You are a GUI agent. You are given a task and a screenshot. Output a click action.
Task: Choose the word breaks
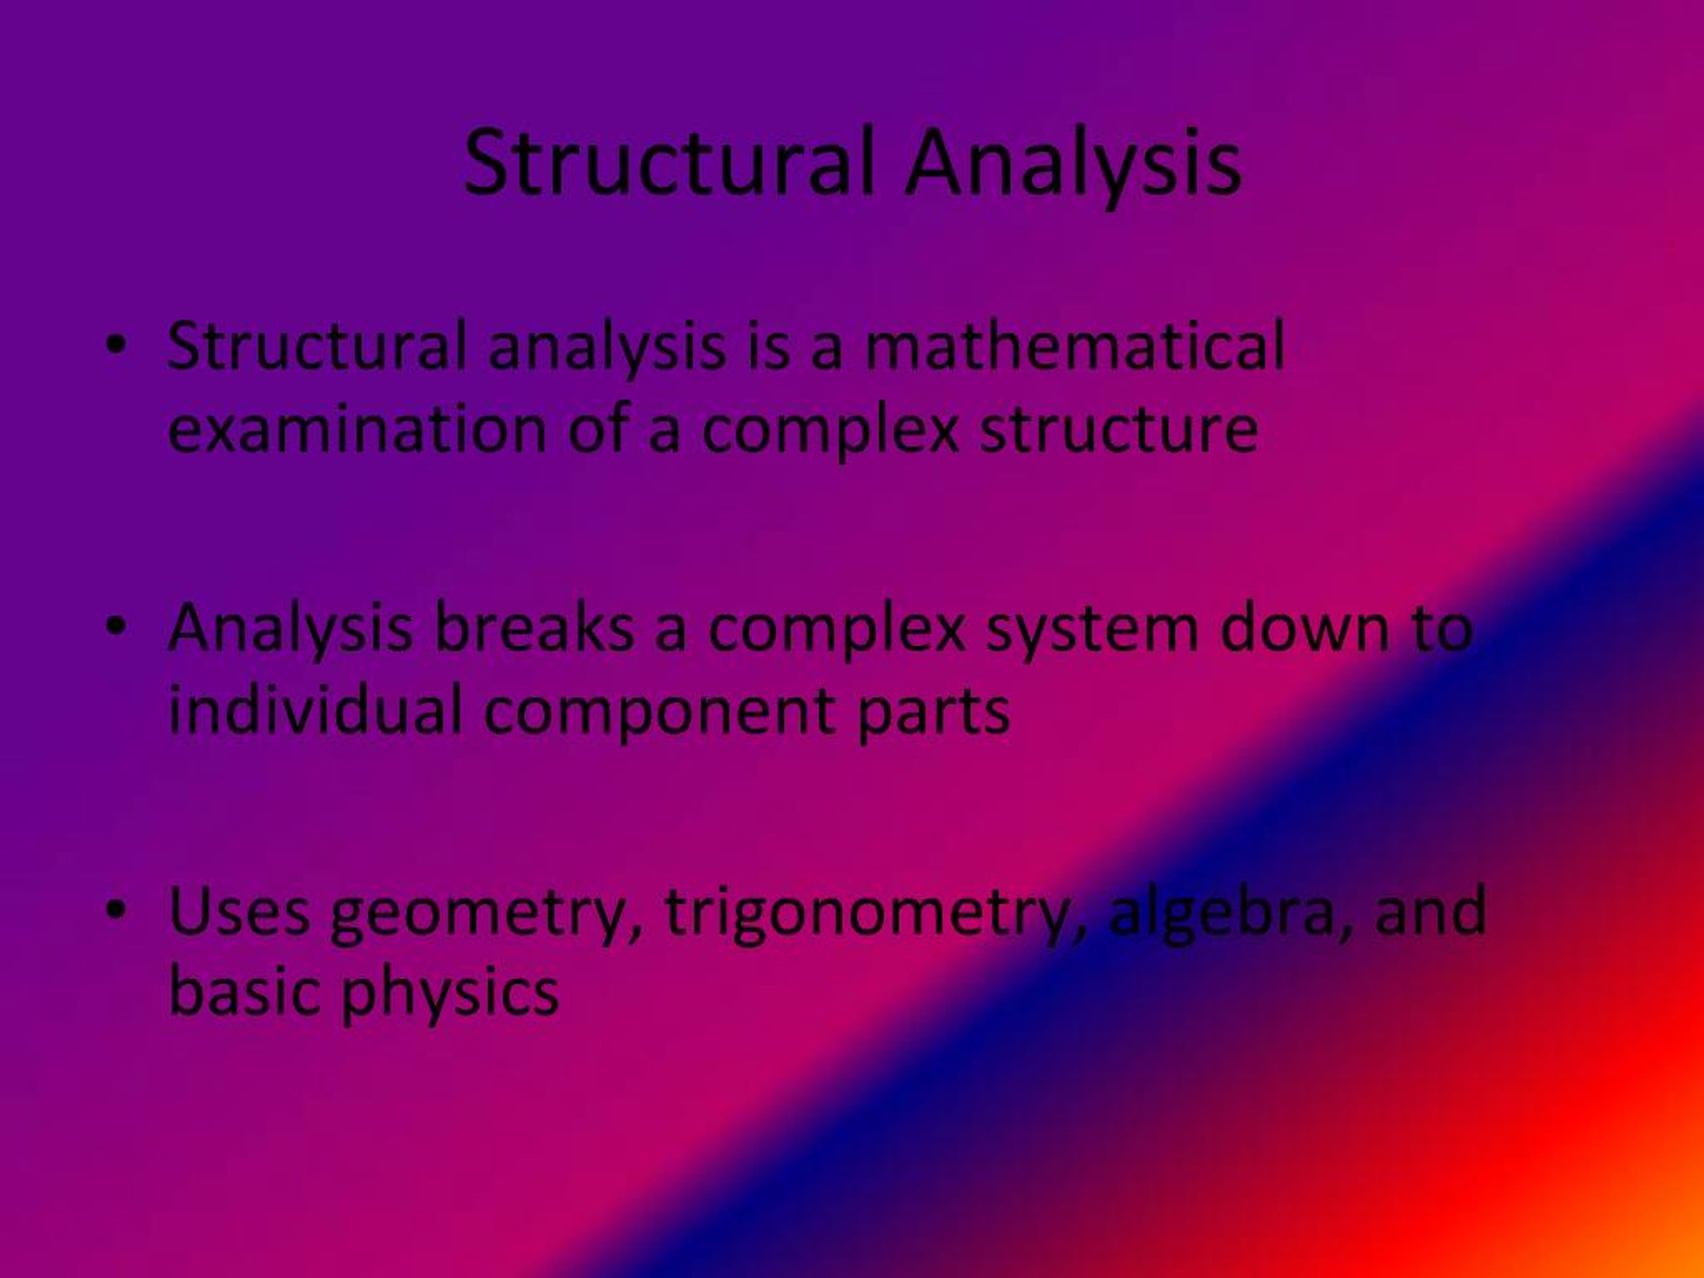pyautogui.click(x=533, y=628)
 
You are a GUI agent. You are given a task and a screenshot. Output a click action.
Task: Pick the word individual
pyautogui.click(x=315, y=710)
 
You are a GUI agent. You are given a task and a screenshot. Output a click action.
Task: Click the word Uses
pyautogui.click(x=239, y=911)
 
